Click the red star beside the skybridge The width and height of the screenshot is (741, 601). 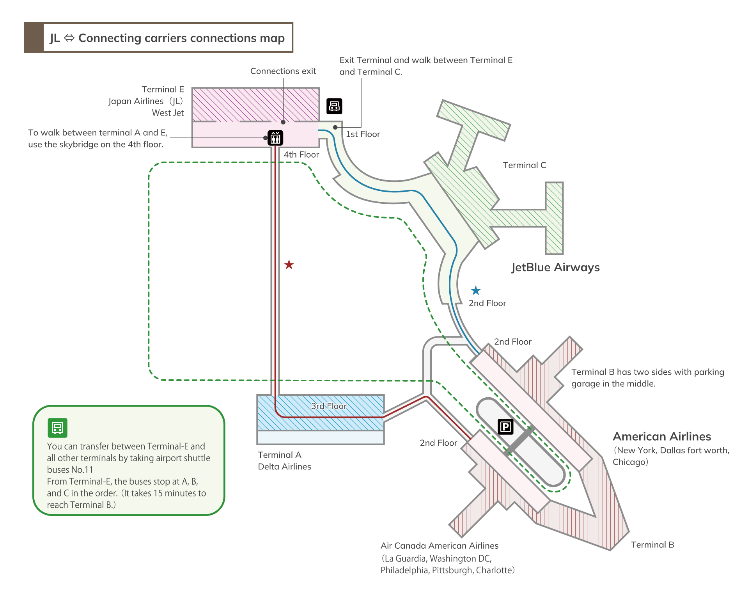point(289,265)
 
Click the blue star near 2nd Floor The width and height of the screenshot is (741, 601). point(475,290)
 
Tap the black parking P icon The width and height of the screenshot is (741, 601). point(505,427)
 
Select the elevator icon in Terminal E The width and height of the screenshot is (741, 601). point(275,138)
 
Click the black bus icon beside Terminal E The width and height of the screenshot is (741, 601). point(334,106)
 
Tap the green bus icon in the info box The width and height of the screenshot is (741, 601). point(57,428)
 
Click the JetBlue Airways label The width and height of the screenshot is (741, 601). point(555,267)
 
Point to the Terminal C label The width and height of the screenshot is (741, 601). point(524,165)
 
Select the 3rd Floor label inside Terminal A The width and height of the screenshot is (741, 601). point(328,406)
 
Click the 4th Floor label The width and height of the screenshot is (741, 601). point(301,155)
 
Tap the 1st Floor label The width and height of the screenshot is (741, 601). point(363,134)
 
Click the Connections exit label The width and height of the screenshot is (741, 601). point(283,71)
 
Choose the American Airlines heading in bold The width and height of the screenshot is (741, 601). point(661,436)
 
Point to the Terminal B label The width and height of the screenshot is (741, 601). point(652,545)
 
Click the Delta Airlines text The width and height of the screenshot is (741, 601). point(284,467)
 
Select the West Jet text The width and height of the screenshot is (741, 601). point(168,113)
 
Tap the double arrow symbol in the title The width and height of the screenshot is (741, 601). point(69,38)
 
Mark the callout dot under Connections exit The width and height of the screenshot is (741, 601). point(283,122)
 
